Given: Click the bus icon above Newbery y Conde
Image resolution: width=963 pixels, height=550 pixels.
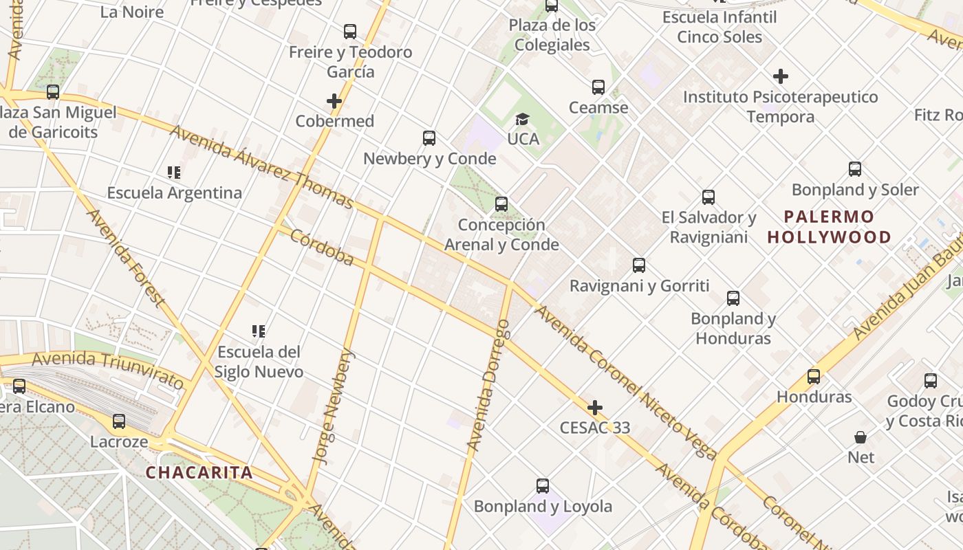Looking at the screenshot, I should point(429,138).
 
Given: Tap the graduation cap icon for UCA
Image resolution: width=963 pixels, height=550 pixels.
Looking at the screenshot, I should point(523,120).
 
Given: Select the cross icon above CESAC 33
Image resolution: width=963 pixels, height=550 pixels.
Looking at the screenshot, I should point(595,408).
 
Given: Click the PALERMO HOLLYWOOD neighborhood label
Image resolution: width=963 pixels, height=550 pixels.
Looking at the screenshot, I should point(830,228).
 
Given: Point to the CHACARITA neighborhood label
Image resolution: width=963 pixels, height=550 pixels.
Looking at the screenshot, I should point(199,473).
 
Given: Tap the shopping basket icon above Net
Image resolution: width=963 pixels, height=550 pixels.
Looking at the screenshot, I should point(861,437).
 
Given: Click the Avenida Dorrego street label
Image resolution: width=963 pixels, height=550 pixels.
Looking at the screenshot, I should point(488,385).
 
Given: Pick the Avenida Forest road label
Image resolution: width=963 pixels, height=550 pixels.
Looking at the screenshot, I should point(125,257).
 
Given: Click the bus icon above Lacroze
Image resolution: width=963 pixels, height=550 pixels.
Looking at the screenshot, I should point(119,421).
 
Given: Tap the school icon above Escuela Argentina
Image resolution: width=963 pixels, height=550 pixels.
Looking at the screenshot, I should point(174,173).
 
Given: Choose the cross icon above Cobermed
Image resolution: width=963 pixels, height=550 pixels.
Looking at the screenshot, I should point(334,101).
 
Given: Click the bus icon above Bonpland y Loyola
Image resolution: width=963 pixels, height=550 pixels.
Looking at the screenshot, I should point(543,486).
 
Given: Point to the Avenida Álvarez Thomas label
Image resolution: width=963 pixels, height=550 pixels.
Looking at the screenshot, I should point(261,167).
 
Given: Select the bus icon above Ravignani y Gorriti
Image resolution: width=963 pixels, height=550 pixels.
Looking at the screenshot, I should point(639,265).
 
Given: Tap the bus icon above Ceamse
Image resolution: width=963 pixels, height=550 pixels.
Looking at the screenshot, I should point(598,87).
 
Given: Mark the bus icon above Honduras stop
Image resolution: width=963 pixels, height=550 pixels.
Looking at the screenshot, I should point(814,377).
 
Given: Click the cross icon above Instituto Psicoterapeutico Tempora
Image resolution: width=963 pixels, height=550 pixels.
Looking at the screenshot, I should point(781,76).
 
